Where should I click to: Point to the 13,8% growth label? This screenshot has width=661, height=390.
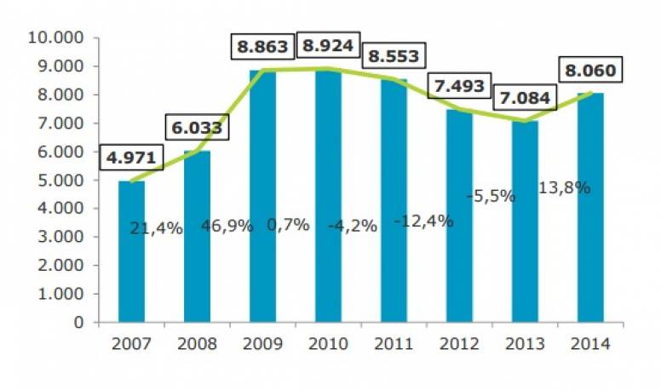(565, 188)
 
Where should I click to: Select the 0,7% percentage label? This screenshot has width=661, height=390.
(287, 227)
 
